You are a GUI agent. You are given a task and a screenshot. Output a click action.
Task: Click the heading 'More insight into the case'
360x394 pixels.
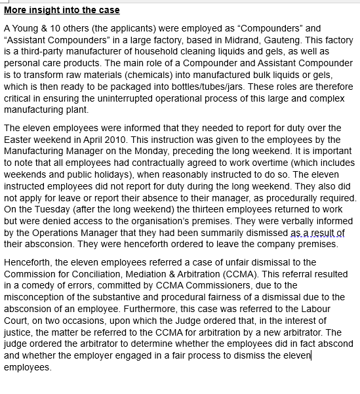[x=62, y=10]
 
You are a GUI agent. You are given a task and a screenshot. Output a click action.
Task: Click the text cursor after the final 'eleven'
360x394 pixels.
[x=311, y=356]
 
